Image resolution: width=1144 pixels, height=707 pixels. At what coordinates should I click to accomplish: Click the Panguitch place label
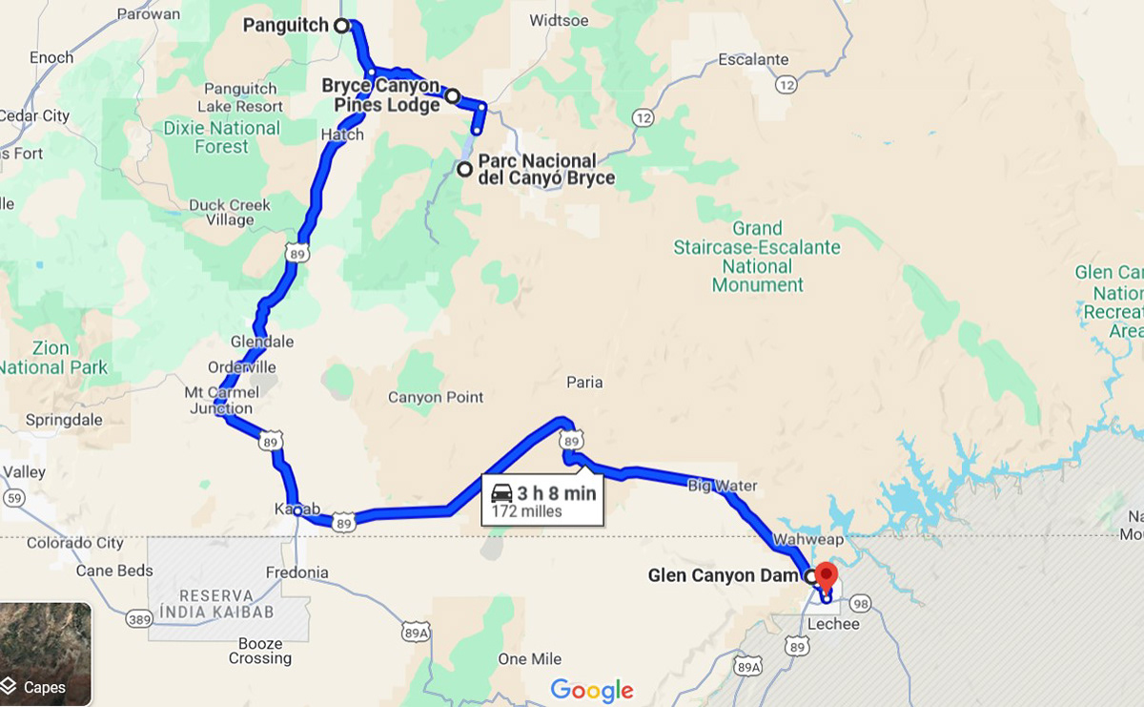pyautogui.click(x=285, y=25)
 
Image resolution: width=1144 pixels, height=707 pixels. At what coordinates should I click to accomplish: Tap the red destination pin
pyautogui.click(x=827, y=575)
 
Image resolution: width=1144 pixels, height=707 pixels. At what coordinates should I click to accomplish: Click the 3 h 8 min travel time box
pyautogui.click(x=543, y=499)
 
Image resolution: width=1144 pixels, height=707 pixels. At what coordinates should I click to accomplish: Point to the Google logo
pyautogui.click(x=592, y=690)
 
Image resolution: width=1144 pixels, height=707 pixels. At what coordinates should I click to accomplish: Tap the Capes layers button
pyautogui.click(x=45, y=654)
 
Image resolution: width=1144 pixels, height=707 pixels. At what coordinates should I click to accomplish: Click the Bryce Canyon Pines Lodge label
pyautogui.click(x=380, y=95)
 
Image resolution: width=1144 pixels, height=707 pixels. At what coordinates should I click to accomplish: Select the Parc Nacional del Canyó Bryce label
pyautogui.click(x=545, y=170)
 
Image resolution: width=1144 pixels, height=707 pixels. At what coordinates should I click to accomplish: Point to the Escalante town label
pyautogui.click(x=753, y=59)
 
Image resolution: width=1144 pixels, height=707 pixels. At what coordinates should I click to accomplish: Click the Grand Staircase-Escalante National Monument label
pyautogui.click(x=757, y=257)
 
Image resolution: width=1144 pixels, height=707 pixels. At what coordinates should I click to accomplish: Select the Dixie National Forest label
pyautogui.click(x=221, y=137)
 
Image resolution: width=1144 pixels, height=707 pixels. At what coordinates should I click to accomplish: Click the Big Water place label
pyautogui.click(x=722, y=487)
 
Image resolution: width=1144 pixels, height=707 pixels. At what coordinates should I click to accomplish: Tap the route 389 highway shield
pyautogui.click(x=139, y=620)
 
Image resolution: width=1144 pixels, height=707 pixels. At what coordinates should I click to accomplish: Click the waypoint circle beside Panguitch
pyautogui.click(x=341, y=26)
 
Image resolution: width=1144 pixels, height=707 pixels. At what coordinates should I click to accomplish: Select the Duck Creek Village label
pyautogui.click(x=229, y=212)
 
